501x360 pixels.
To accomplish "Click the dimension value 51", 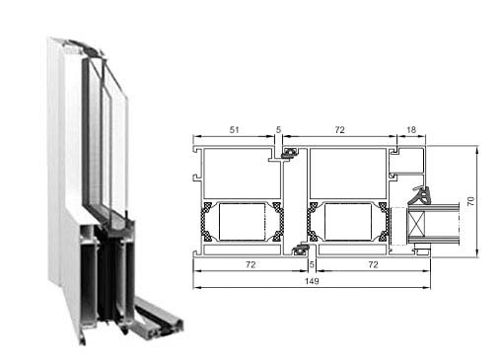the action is pos(234,130).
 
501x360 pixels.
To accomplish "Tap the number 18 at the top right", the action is pos(411,130).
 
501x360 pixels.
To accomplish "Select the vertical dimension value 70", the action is pos(470,201).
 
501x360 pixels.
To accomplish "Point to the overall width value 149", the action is pos(312,281).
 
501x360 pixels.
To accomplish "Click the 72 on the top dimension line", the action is pos(340,130).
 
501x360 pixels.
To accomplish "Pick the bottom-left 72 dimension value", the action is pos(250,264).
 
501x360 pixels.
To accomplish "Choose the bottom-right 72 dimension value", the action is pos(373,264).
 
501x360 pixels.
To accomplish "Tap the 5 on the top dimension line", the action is pos(278,130).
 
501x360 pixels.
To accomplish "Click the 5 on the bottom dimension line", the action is pos(312,264).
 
